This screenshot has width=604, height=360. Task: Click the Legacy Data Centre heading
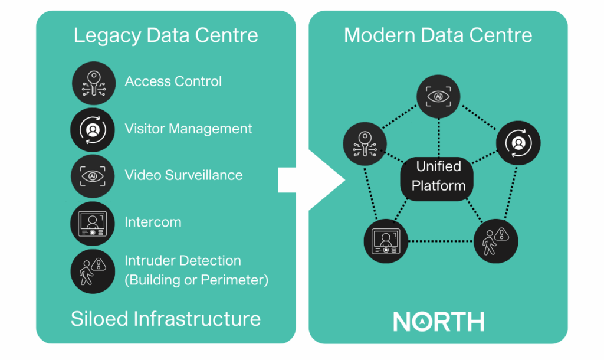click(x=166, y=35)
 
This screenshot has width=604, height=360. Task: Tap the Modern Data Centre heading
click(x=438, y=35)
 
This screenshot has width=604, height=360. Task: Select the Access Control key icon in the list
click(x=93, y=82)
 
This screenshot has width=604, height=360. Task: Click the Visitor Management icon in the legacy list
click(x=93, y=129)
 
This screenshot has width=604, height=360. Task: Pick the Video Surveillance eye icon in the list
click(x=93, y=176)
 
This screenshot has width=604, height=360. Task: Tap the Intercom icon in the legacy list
click(x=93, y=223)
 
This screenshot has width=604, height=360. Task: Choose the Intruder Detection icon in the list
click(x=93, y=270)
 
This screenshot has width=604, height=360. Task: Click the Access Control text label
click(x=173, y=81)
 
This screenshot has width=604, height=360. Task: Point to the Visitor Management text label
click(x=188, y=129)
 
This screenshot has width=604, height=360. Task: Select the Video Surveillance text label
click(x=183, y=175)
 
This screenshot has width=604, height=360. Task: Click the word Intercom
click(x=153, y=222)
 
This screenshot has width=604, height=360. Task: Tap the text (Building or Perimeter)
click(x=196, y=280)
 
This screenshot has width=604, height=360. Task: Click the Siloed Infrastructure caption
click(x=166, y=319)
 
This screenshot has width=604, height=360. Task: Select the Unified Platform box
click(x=438, y=176)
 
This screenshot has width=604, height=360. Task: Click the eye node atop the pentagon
click(x=438, y=96)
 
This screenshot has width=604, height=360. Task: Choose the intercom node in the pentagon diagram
click(x=386, y=241)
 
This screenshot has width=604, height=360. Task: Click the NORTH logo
click(x=438, y=321)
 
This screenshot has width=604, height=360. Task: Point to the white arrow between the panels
click(x=313, y=179)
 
